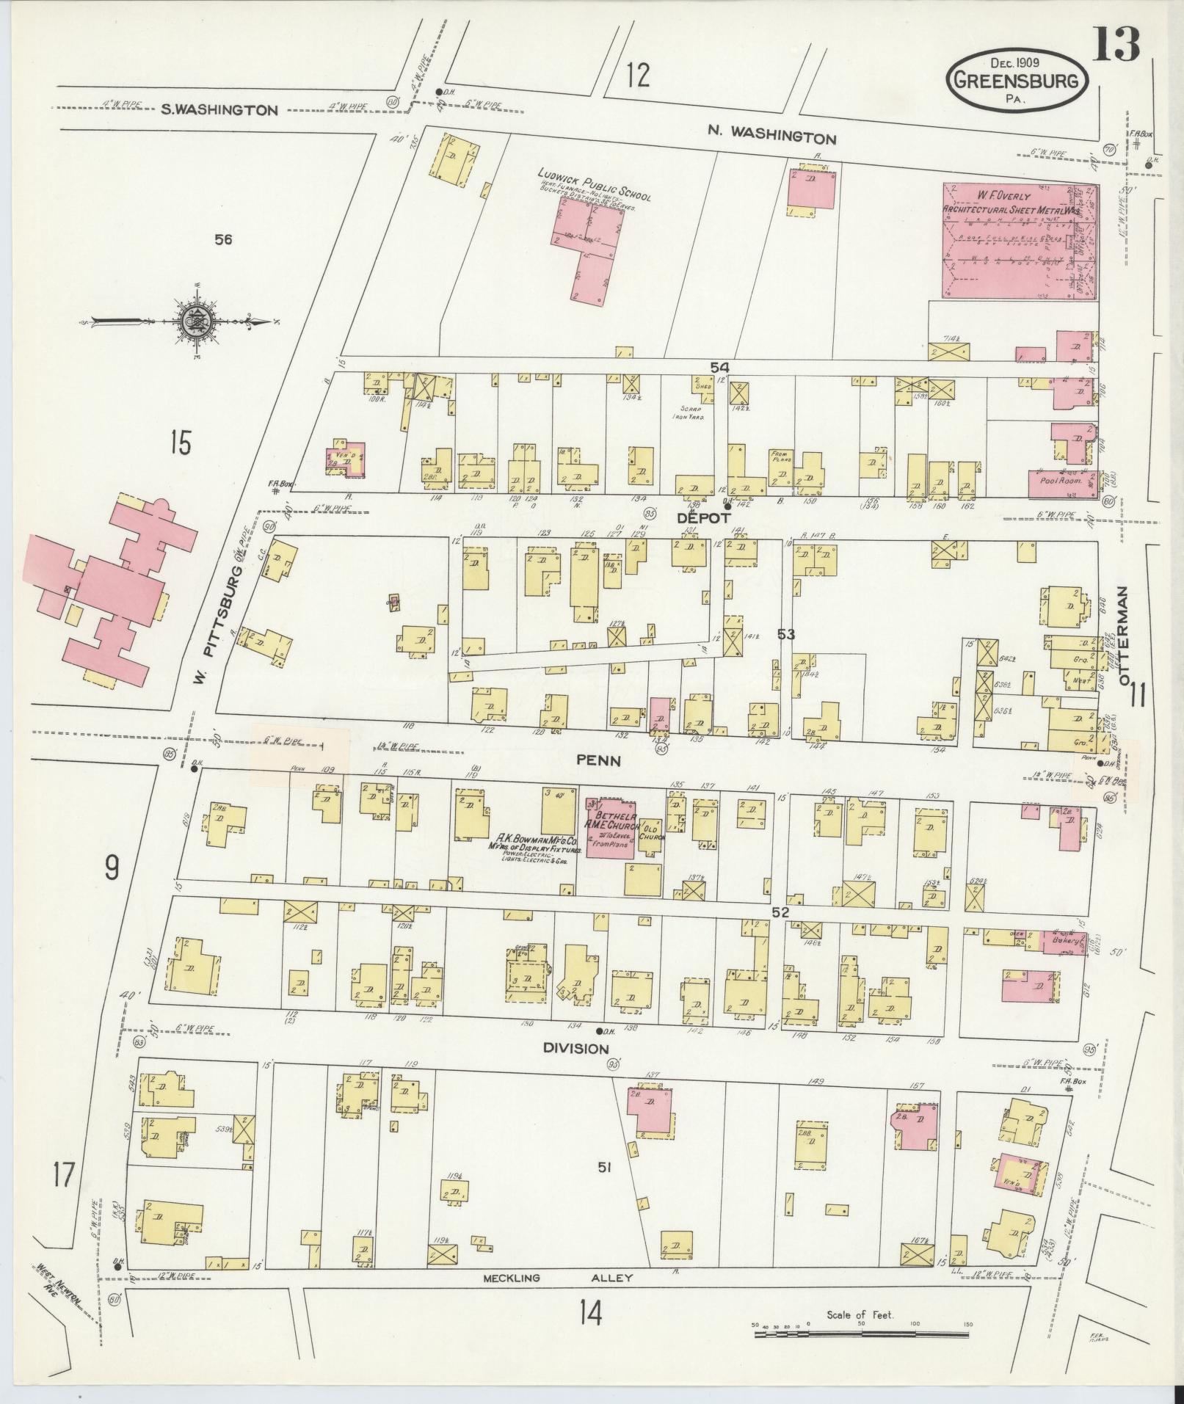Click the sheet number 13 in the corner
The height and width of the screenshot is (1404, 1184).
tap(1116, 44)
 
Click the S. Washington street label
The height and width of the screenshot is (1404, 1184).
tap(219, 110)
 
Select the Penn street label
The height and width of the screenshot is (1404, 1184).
tap(598, 761)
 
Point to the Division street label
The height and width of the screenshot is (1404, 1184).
tap(576, 1048)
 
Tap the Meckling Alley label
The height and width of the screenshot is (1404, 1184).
tap(557, 1278)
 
